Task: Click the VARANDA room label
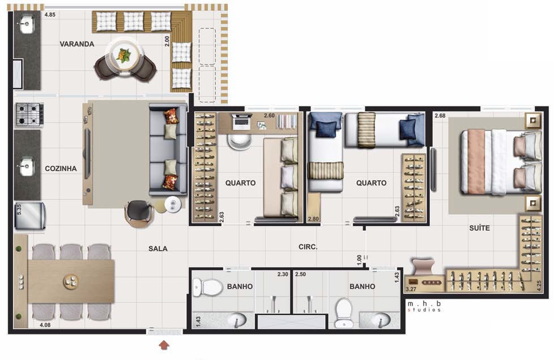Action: [76, 44]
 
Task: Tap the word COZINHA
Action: [61, 169]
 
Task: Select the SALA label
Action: [158, 249]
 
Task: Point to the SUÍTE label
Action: [479, 228]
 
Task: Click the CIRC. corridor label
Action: [308, 247]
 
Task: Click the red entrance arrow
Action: [164, 345]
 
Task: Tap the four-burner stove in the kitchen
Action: [29, 115]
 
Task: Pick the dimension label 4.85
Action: [50, 15]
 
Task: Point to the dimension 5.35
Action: [19, 209]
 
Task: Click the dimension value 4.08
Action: [45, 325]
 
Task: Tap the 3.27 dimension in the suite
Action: [411, 289]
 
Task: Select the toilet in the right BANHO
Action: [344, 313]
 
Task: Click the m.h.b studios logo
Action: [424, 306]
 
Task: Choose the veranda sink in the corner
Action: [26, 24]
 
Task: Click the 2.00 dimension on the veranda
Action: [167, 41]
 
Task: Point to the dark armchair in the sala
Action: [139, 213]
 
